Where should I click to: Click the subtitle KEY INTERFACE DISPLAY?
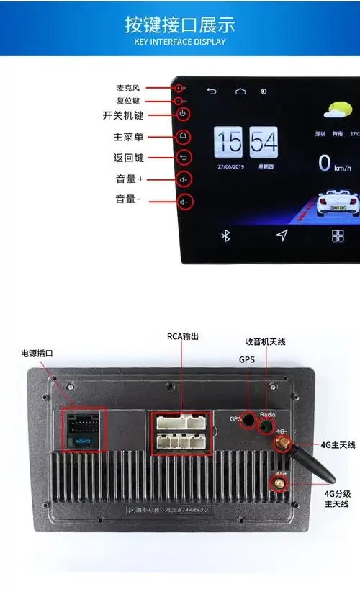pos(180,42)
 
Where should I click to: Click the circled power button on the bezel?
pos(184,114)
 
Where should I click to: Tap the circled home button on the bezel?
pos(184,135)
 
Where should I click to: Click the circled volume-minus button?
pos(184,202)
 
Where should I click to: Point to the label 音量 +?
pos(130,179)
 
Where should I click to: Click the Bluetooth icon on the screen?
pos(225,236)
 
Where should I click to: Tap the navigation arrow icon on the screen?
pos(282,236)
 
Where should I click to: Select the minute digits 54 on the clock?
pos(264,142)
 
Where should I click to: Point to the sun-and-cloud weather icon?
pos(338,111)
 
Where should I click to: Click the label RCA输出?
pos(182,336)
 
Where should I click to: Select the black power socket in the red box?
pos(84,429)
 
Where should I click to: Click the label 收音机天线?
pos(265,341)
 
